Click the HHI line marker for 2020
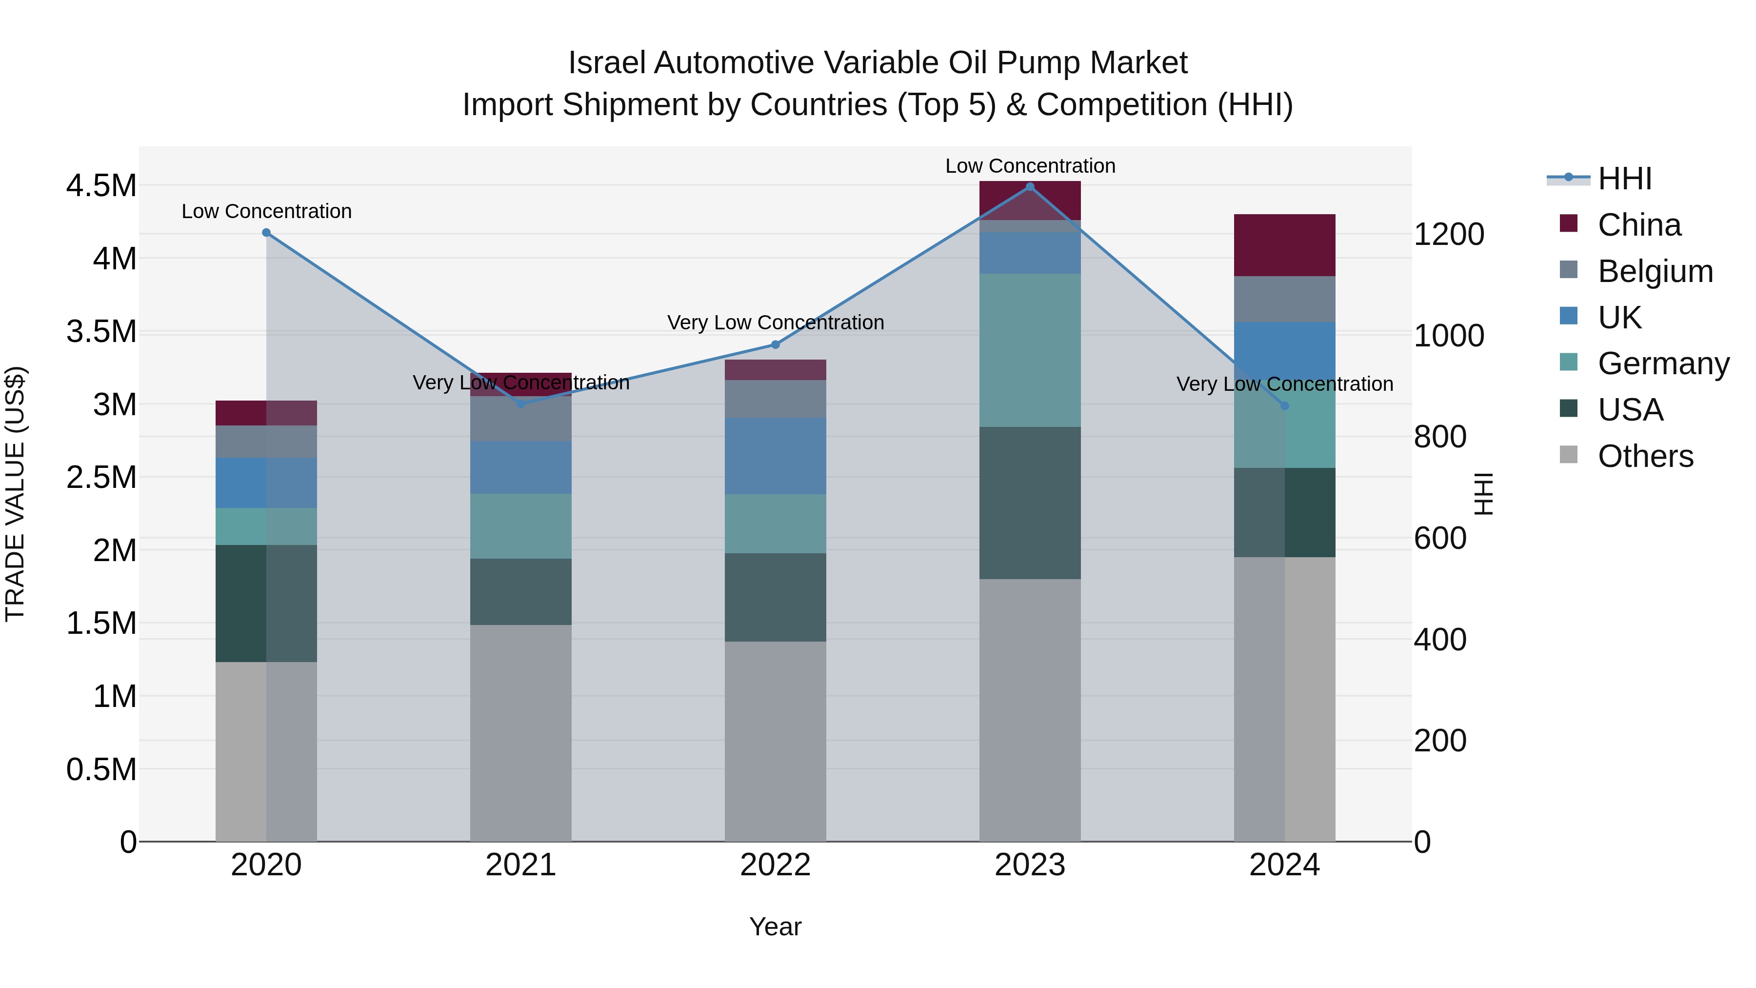point(266,233)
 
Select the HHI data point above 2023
point(1030,187)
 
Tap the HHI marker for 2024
point(1284,406)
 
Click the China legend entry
point(1639,225)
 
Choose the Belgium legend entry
point(1655,271)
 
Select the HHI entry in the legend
point(1624,179)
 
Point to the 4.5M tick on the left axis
point(101,185)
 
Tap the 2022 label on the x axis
point(775,865)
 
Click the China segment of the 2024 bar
point(1284,245)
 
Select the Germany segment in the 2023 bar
point(1030,350)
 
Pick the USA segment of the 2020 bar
point(266,604)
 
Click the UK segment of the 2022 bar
point(775,456)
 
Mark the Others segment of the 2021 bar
point(521,733)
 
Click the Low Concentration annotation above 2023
point(1030,166)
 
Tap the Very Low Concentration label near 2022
point(775,323)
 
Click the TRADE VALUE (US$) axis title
point(15,494)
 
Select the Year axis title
point(775,927)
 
